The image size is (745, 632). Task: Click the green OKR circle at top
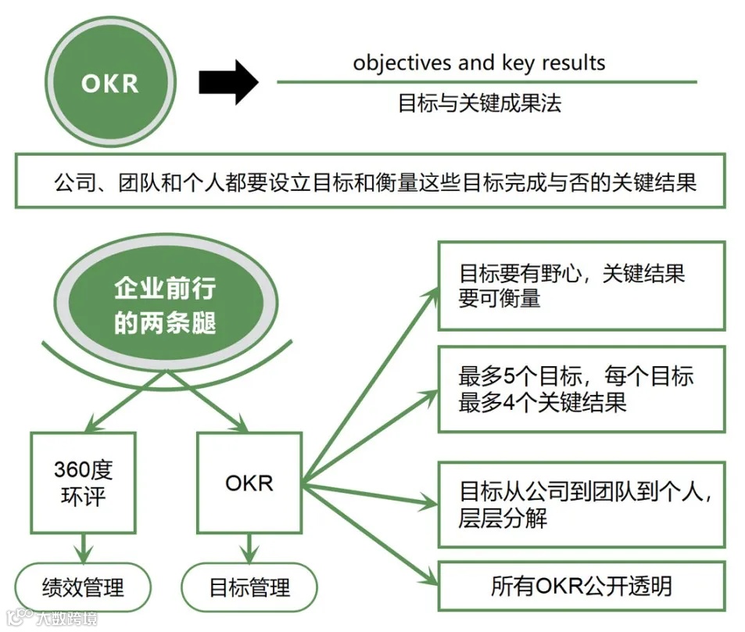[109, 82]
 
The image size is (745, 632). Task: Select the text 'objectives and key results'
[478, 63]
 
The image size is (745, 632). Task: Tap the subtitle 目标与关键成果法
[479, 103]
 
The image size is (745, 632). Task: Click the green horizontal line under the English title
[486, 81]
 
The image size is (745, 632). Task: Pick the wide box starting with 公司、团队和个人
[370, 181]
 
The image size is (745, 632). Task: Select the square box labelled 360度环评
[84, 483]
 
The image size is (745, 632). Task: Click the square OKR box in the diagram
[249, 483]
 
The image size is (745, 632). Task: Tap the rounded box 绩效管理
[82, 586]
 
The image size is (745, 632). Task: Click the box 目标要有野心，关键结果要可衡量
[581, 285]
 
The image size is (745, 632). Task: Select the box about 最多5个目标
[581, 389]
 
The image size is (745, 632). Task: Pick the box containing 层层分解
[581, 505]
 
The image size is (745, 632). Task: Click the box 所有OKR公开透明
[581, 586]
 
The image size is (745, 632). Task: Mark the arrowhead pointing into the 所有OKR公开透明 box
[429, 580]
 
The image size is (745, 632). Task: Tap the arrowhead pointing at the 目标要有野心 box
[431, 293]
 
